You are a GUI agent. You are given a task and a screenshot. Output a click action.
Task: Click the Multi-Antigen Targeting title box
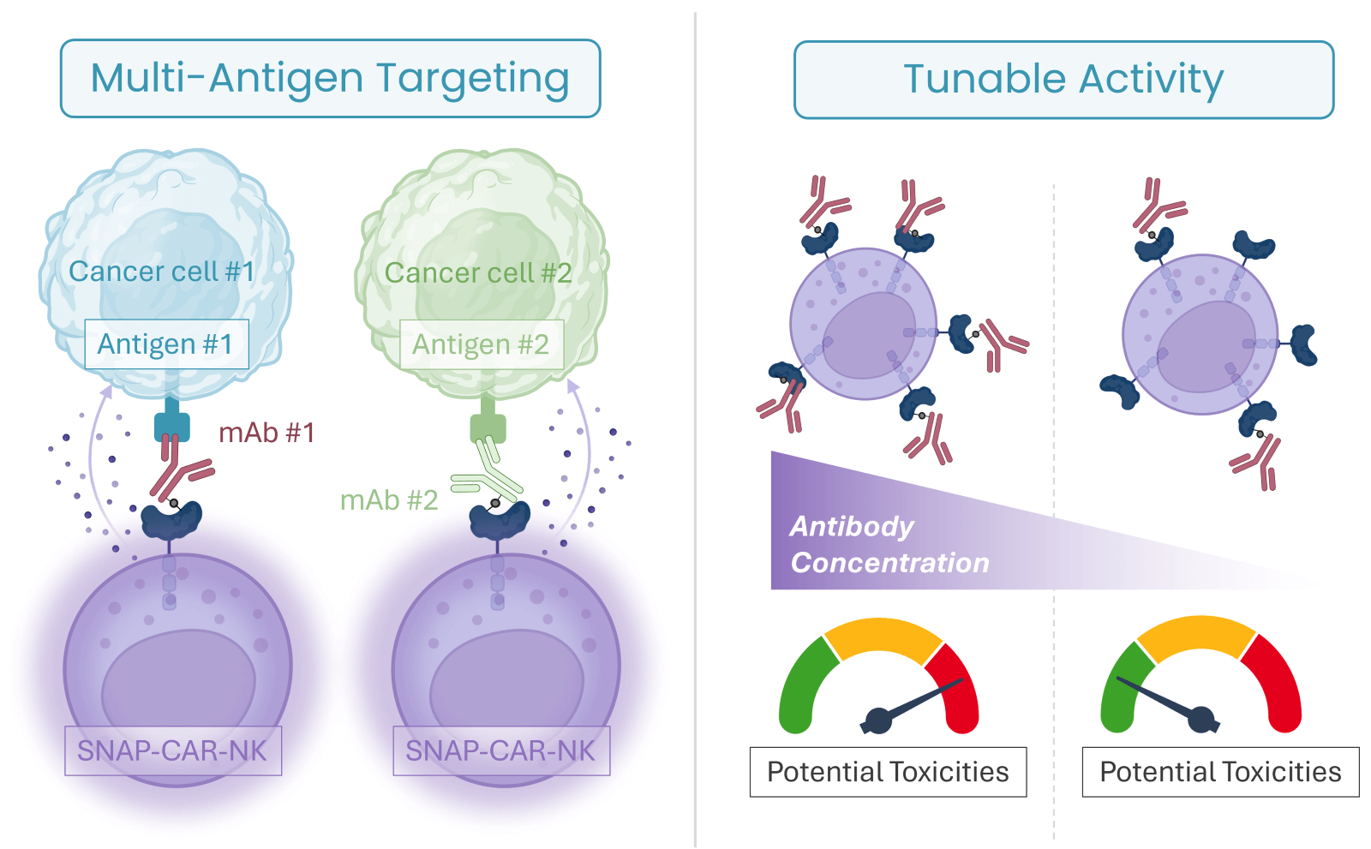331,78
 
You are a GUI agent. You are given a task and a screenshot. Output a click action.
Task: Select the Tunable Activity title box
1063,80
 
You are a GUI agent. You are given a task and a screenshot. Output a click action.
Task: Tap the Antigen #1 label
166,344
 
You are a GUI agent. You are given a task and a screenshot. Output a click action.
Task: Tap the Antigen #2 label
482,344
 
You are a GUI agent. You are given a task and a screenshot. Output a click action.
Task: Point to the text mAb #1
266,433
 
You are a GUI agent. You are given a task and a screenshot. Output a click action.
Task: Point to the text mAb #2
389,500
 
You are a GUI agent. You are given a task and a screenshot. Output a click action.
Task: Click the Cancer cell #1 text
162,272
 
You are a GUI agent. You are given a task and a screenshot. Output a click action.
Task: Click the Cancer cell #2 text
478,273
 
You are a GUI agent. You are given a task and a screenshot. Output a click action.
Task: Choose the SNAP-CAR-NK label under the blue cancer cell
173,750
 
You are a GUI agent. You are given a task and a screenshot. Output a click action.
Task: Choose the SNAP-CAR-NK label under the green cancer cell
501,750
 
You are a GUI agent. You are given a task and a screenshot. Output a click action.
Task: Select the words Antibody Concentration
889,544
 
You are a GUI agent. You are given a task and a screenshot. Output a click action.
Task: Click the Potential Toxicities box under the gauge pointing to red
888,772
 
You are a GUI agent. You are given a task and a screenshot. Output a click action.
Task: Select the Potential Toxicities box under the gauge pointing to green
1220,772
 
